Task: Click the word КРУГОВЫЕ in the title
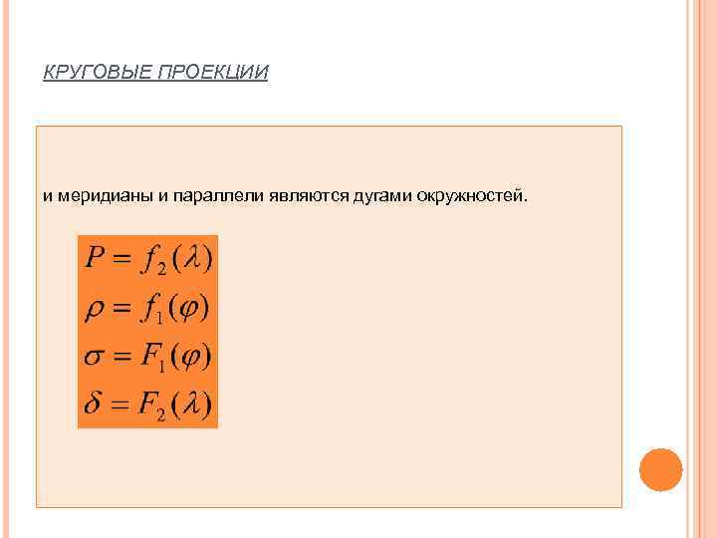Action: pos(97,74)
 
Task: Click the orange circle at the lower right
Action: pos(660,469)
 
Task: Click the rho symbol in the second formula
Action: pos(95,310)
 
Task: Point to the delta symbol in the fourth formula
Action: pos(93,404)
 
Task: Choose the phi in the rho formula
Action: pos(186,309)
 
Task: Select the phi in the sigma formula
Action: pos(190,357)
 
